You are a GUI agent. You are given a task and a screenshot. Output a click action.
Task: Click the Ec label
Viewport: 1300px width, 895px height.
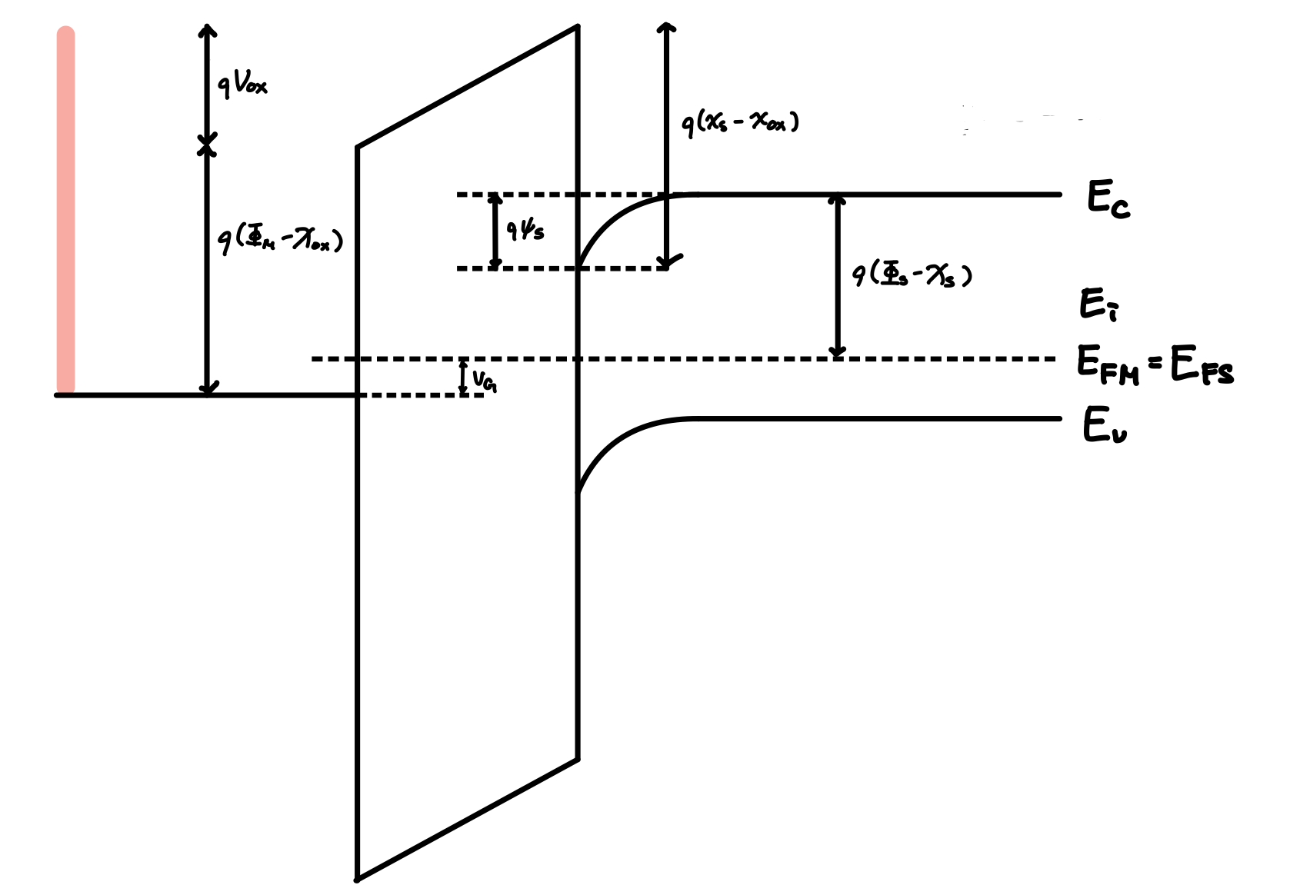[1108, 199]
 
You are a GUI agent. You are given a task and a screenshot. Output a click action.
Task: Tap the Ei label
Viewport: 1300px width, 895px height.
[1098, 304]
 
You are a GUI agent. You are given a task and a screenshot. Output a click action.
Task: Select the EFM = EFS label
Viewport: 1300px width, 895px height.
[1154, 366]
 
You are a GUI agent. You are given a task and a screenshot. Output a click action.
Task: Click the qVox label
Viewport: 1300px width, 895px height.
[242, 85]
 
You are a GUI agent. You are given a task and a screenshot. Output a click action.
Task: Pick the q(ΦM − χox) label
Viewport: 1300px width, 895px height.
[280, 241]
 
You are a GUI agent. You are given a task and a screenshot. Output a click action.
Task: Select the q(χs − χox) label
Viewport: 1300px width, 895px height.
[741, 124]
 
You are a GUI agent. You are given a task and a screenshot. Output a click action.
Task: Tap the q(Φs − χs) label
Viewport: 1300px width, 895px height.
[912, 274]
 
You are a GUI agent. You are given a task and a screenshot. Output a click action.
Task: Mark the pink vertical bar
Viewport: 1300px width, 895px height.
[66, 211]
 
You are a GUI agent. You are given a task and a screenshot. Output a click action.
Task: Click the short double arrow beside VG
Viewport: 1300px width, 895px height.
[463, 378]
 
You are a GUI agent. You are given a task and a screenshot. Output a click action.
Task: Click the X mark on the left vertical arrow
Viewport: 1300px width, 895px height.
[206, 144]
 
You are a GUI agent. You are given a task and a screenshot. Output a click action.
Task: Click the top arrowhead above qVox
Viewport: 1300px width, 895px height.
[206, 30]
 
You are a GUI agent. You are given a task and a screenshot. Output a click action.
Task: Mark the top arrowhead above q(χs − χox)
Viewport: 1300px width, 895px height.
[666, 29]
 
